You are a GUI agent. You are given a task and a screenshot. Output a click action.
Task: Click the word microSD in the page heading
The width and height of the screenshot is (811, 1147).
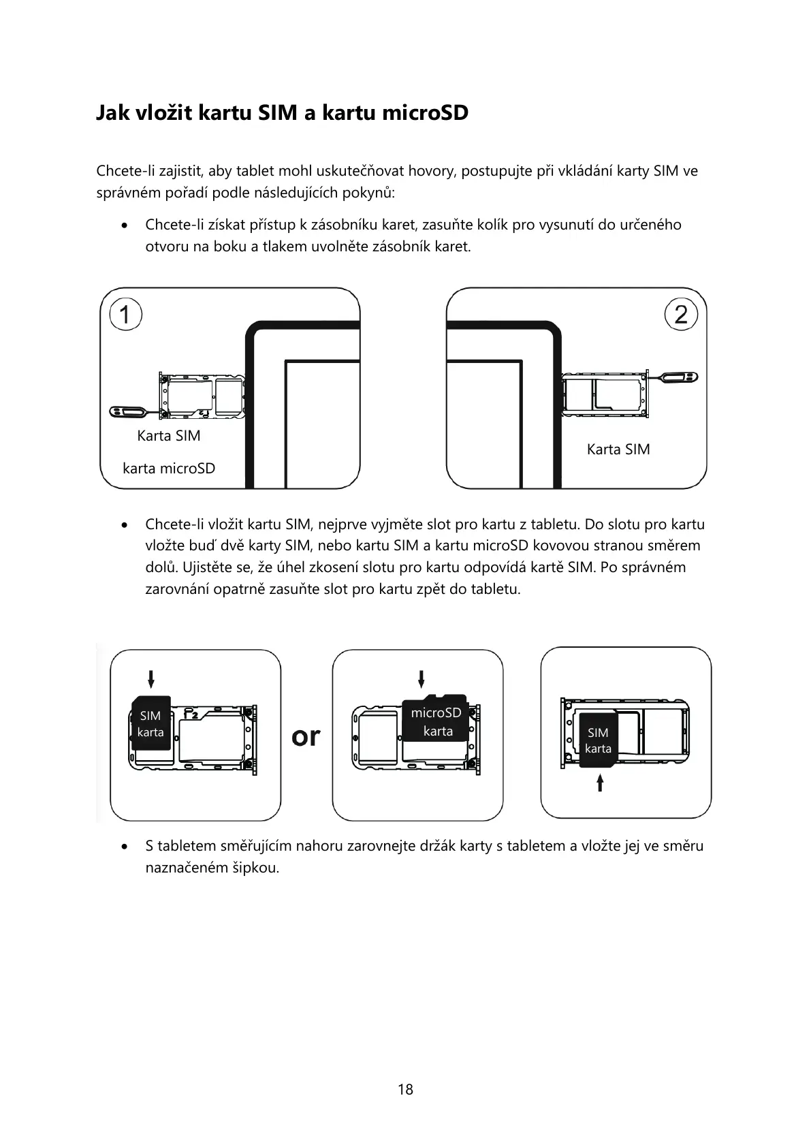coord(425,112)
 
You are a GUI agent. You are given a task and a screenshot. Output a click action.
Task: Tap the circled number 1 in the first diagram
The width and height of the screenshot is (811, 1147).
coord(125,315)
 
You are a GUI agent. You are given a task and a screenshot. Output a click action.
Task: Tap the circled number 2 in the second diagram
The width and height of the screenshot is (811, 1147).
coord(681,315)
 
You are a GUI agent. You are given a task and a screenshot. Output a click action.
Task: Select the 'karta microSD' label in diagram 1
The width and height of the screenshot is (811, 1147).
coord(169,469)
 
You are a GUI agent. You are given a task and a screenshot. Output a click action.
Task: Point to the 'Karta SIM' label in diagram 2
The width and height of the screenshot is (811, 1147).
coord(618,450)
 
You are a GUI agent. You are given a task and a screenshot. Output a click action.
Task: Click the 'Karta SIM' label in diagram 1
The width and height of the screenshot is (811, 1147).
coord(169,436)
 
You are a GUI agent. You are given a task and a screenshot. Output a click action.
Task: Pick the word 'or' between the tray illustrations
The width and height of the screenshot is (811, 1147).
coord(306,736)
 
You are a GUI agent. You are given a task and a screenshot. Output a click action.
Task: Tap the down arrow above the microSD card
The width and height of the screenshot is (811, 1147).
coord(422,678)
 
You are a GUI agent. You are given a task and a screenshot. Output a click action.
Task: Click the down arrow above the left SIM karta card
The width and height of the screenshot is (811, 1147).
coord(150,678)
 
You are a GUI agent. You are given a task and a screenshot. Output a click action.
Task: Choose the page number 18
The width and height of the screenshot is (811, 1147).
coord(405,1089)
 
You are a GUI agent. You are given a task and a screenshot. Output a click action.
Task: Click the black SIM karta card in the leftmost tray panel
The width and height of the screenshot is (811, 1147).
coord(150,723)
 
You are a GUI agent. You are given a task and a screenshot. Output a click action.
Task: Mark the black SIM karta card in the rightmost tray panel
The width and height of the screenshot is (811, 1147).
coord(598,740)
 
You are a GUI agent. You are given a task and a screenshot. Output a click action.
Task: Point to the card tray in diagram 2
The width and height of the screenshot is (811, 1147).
coord(603,393)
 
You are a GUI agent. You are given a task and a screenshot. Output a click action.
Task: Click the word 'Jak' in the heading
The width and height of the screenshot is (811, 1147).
coord(111,112)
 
